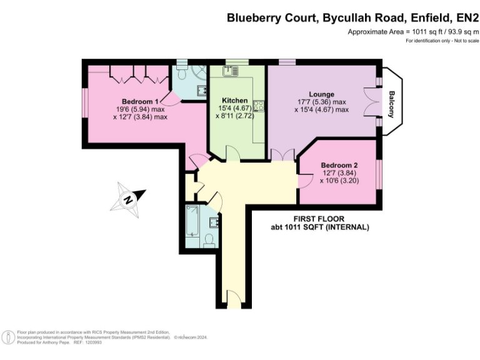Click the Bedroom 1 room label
coord(140,101)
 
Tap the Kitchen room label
coord(234,101)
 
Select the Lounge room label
coord(321,94)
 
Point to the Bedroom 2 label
coord(339,165)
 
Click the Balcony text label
coord(391,104)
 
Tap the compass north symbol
coord(128,199)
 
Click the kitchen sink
coord(231,71)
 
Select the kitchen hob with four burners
coord(259,106)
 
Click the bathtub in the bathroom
coord(192,221)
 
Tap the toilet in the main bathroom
coord(209,241)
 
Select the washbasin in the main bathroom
coord(214,222)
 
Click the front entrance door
coord(234,299)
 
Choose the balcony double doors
coord(371,102)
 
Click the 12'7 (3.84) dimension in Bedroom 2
coord(338,173)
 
